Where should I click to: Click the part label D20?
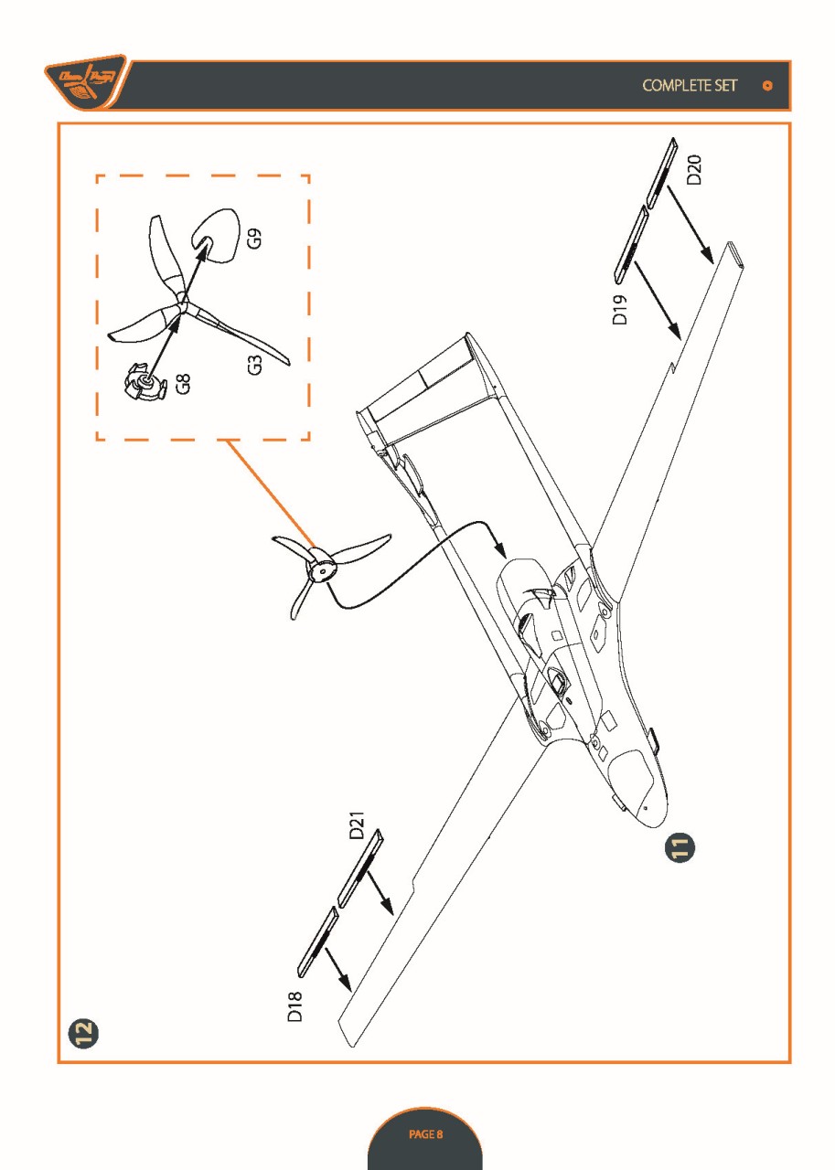pos(695,171)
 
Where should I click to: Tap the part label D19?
pos(619,310)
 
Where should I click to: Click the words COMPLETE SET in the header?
pos(690,85)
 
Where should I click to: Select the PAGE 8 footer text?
pos(425,1134)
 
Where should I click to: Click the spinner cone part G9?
pos(216,230)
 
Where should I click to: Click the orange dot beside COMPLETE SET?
pos(767,86)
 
